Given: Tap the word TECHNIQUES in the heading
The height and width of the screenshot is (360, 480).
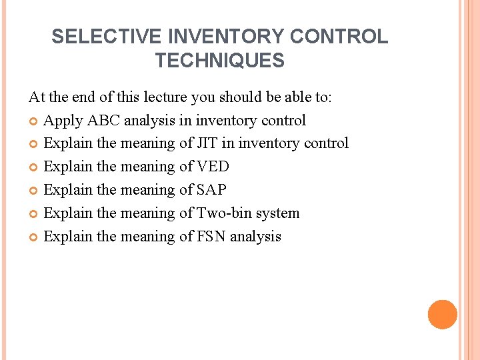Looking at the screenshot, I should pyautogui.click(x=220, y=61).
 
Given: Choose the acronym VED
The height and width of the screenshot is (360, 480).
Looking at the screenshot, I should pyautogui.click(x=215, y=167).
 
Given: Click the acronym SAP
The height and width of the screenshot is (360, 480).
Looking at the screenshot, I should pyautogui.click(x=212, y=190).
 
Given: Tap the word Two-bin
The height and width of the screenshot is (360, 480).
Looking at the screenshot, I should pyautogui.click(x=223, y=213).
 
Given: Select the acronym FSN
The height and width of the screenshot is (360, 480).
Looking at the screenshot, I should pyautogui.click(x=212, y=237).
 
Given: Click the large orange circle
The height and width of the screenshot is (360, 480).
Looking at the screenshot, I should pyautogui.click(x=443, y=315).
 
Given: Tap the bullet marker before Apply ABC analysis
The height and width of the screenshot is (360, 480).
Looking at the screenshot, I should pyautogui.click(x=34, y=121).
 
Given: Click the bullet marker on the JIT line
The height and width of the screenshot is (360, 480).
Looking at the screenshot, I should pyautogui.click(x=34, y=144).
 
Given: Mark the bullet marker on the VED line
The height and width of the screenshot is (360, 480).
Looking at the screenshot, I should pyautogui.click(x=34, y=167).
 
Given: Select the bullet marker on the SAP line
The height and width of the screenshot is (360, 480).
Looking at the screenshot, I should pyautogui.click(x=34, y=191).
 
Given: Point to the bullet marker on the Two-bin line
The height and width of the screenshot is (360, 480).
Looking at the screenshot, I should pyautogui.click(x=34, y=214).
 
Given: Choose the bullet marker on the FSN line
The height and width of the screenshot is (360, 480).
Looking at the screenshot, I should pyautogui.click(x=34, y=237).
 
